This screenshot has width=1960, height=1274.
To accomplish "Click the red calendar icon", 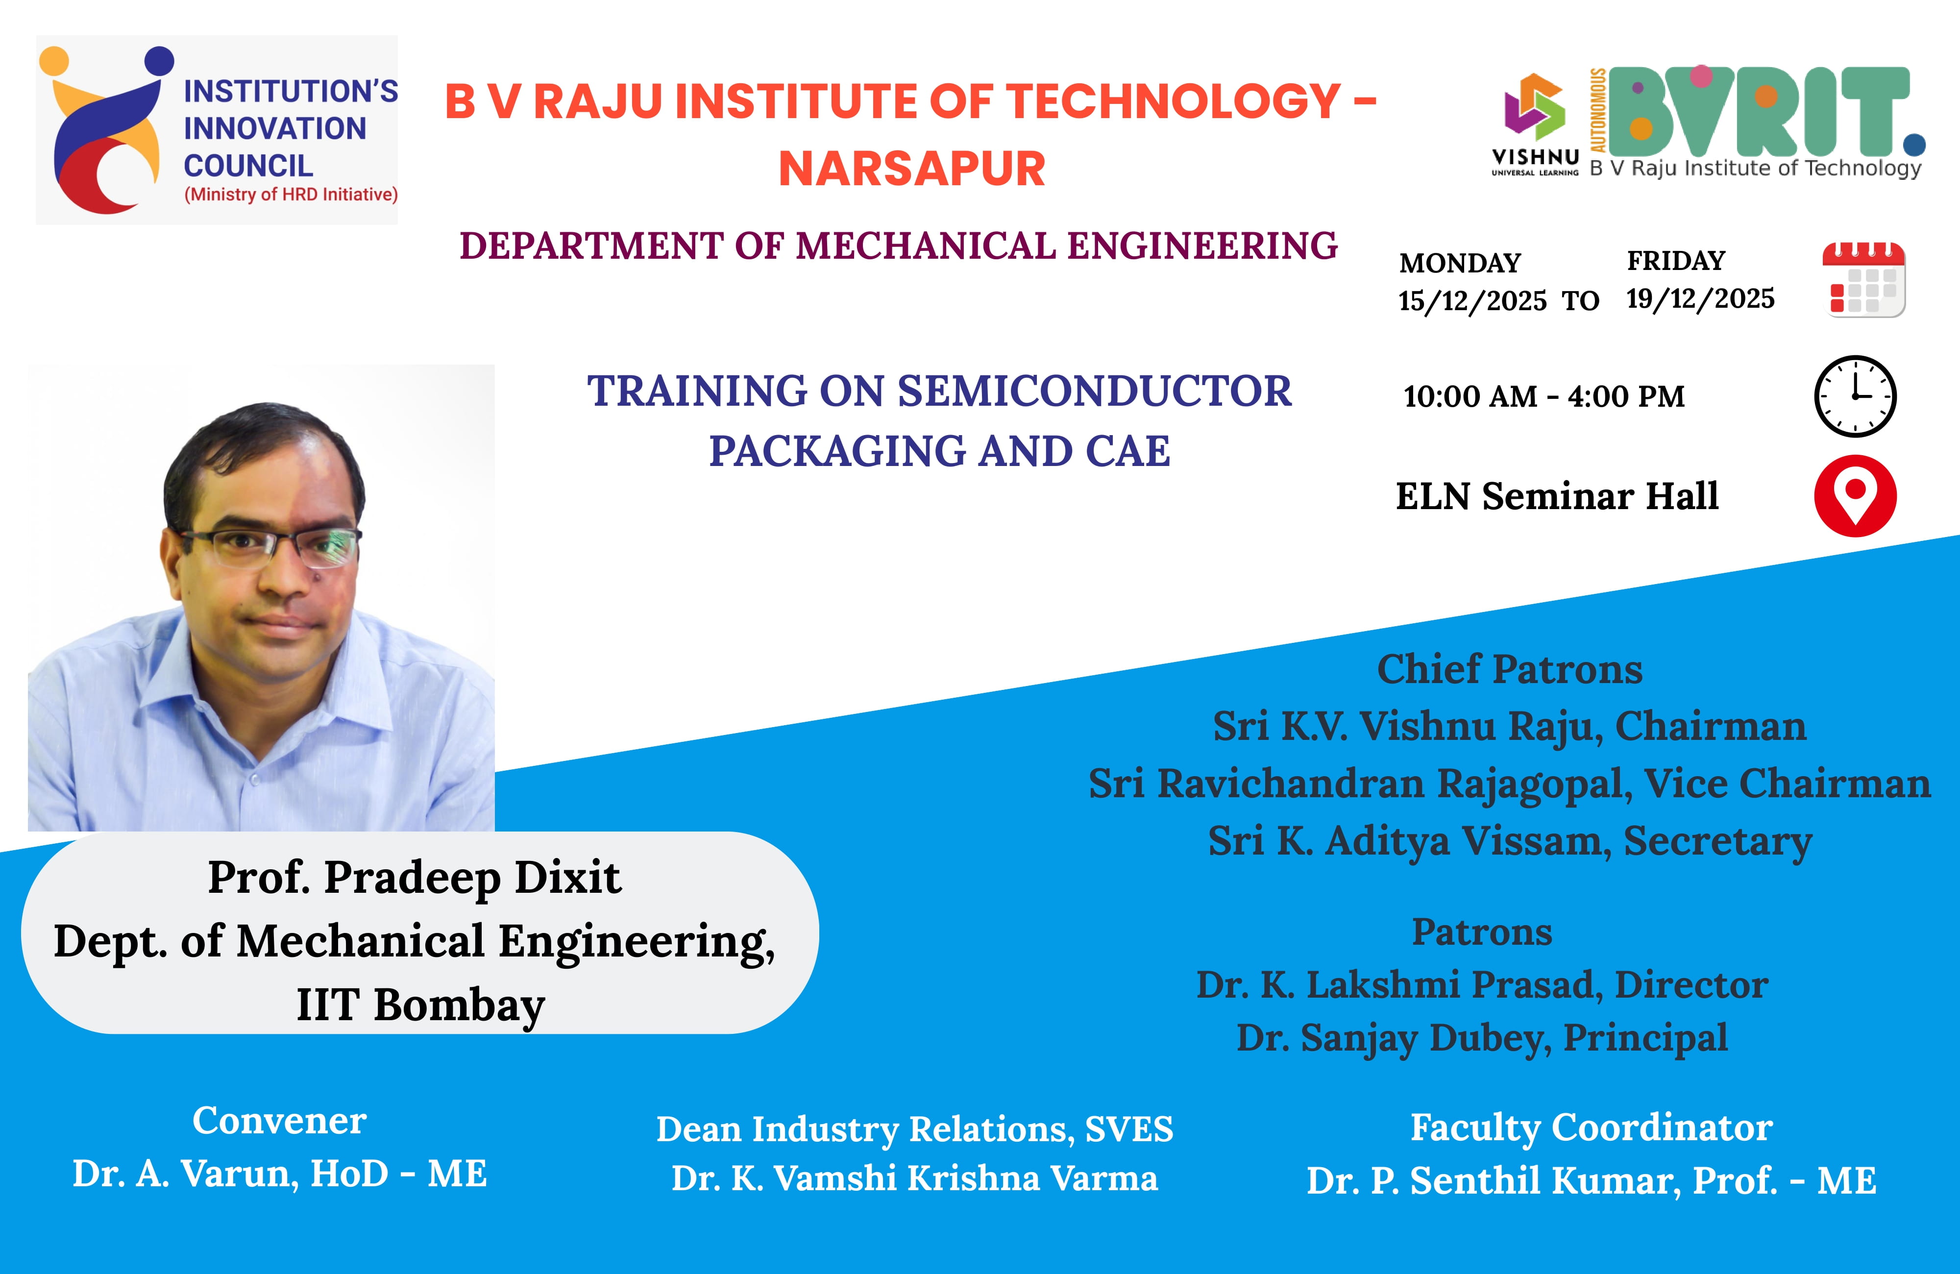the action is coord(1863,279).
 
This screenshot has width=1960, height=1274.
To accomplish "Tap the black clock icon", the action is coord(1856,396).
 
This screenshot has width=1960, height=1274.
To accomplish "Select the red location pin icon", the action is coord(1856,496).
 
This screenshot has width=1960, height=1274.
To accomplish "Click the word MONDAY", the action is coord(1460,263).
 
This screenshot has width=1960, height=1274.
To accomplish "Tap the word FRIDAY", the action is coord(1676,260).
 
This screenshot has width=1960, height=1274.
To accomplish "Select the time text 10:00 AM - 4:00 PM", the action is coord(1544,396).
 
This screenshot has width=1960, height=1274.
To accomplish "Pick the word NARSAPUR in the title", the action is coord(912,169).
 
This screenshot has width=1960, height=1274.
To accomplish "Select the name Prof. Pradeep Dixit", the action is coord(414,878).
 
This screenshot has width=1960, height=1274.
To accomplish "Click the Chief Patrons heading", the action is coord(1510,669).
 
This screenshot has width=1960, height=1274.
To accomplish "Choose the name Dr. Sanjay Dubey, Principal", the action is coord(1482,1038).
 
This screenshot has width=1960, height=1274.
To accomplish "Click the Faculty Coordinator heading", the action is coord(1591,1127).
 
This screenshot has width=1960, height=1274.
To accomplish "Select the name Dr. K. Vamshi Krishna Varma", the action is coord(914,1178).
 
